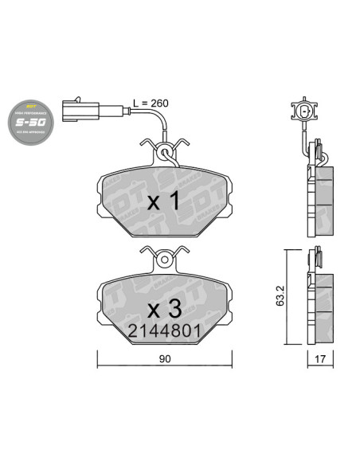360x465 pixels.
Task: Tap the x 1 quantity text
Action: (x=166, y=201)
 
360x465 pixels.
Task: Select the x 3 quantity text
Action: (x=165, y=306)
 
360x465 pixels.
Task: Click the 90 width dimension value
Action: (x=165, y=359)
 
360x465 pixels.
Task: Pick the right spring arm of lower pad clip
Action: (x=182, y=252)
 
